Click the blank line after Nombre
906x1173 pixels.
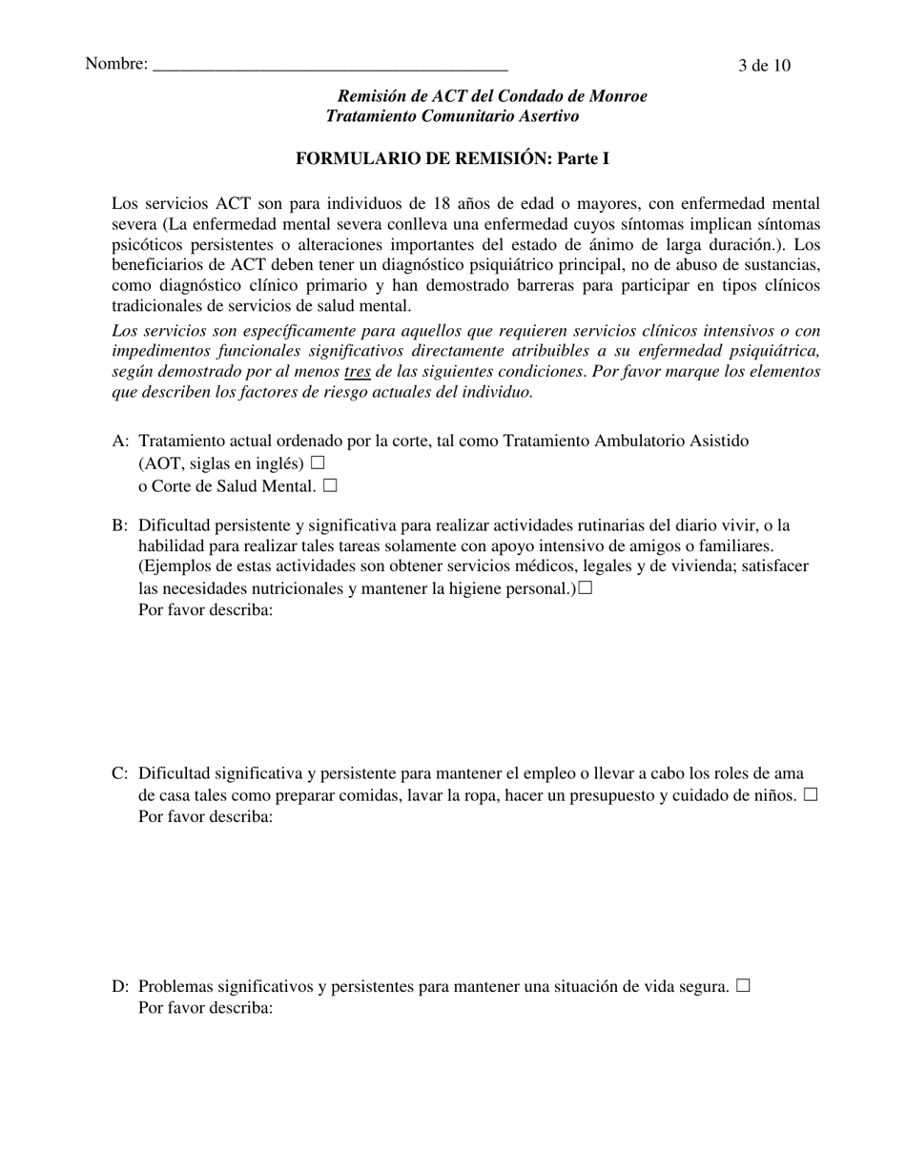click(330, 67)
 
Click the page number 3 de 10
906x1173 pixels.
click(764, 66)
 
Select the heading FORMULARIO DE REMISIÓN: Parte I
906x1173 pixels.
click(452, 158)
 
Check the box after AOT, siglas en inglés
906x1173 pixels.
click(318, 463)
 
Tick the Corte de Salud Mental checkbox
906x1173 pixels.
click(330, 486)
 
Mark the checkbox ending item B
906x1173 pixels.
click(585, 588)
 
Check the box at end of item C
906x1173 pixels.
click(811, 795)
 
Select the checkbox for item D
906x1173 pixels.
click(743, 986)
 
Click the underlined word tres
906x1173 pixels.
click(357, 372)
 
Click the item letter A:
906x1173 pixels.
click(120, 441)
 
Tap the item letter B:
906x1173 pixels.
click(120, 525)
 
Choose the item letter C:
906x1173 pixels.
click(120, 773)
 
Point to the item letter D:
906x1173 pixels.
click(120, 987)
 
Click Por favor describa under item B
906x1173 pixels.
click(206, 610)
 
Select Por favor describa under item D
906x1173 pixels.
click(206, 1008)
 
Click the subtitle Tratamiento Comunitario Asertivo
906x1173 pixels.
click(452, 116)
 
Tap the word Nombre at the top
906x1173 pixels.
click(115, 64)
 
